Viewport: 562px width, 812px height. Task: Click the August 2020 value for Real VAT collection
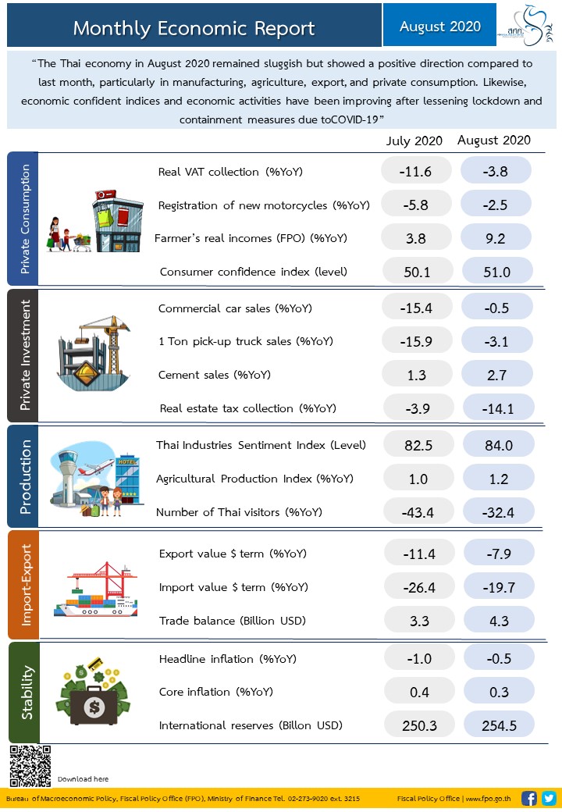pos(496,171)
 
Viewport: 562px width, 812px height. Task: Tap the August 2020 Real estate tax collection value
pos(497,408)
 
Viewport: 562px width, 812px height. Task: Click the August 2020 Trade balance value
pos(498,621)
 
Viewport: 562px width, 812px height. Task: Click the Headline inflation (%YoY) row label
pos(227,658)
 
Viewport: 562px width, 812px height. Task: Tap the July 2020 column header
pos(414,141)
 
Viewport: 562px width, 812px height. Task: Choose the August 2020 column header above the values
pos(494,141)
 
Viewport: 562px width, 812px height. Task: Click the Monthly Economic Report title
pos(194,29)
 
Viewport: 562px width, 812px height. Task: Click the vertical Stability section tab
pos(24,692)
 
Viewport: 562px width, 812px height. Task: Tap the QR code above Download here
pos(30,765)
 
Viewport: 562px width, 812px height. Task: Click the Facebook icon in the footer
pos(528,798)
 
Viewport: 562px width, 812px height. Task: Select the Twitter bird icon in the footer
pos(548,798)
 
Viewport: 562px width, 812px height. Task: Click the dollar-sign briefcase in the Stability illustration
pos(94,707)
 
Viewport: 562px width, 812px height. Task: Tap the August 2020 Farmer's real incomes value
pos(497,237)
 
